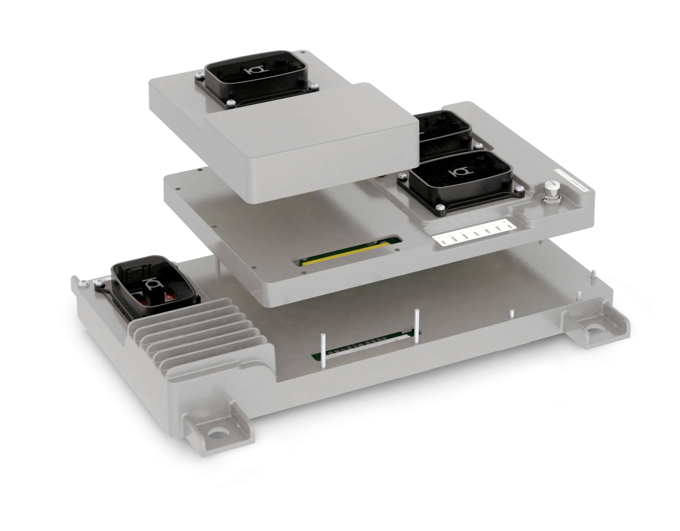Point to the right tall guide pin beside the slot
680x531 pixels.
(416, 325)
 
